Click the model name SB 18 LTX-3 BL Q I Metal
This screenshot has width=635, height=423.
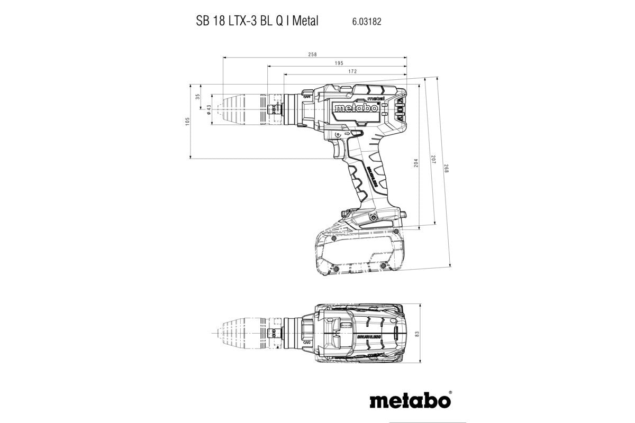coord(253,22)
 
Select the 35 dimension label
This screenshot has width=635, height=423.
coord(198,97)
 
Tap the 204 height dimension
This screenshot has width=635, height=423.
coord(416,164)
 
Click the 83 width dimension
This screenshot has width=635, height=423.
coord(416,334)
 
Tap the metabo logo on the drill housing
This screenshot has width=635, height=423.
coord(356,108)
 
